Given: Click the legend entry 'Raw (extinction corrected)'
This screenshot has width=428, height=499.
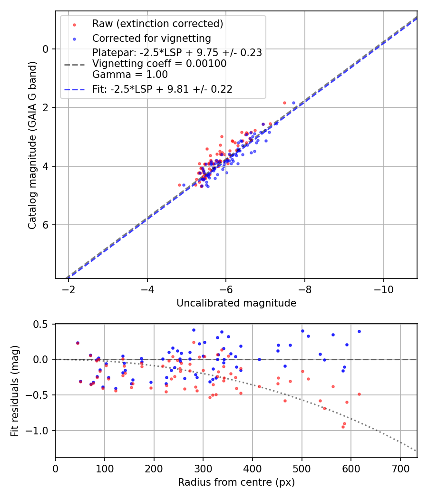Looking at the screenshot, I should click(157, 24).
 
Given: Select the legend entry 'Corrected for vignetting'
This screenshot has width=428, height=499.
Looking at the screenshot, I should click(151, 38).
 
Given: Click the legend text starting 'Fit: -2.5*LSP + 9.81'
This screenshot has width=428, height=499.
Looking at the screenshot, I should click(162, 89).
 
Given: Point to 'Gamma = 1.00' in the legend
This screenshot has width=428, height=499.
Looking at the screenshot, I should click(130, 75).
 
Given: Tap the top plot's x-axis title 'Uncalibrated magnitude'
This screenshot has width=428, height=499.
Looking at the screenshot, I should click(236, 303).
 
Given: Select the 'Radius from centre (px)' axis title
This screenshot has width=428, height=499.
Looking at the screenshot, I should click(236, 482).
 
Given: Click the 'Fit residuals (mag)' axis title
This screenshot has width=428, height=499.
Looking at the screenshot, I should click(15, 391).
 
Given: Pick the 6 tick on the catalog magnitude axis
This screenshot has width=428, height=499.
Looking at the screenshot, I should click(46, 225).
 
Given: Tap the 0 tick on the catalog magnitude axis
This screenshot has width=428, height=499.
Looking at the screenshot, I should click(46, 49).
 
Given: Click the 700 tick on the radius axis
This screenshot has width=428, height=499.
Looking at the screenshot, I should click(400, 469).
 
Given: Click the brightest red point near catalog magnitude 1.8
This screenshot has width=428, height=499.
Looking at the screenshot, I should click(284, 103).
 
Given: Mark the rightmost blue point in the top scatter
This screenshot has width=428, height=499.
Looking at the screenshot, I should click(293, 103).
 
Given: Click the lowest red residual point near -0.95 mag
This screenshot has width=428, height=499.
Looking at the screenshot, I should click(343, 427).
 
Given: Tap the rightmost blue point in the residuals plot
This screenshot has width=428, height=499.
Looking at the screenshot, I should click(359, 331).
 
